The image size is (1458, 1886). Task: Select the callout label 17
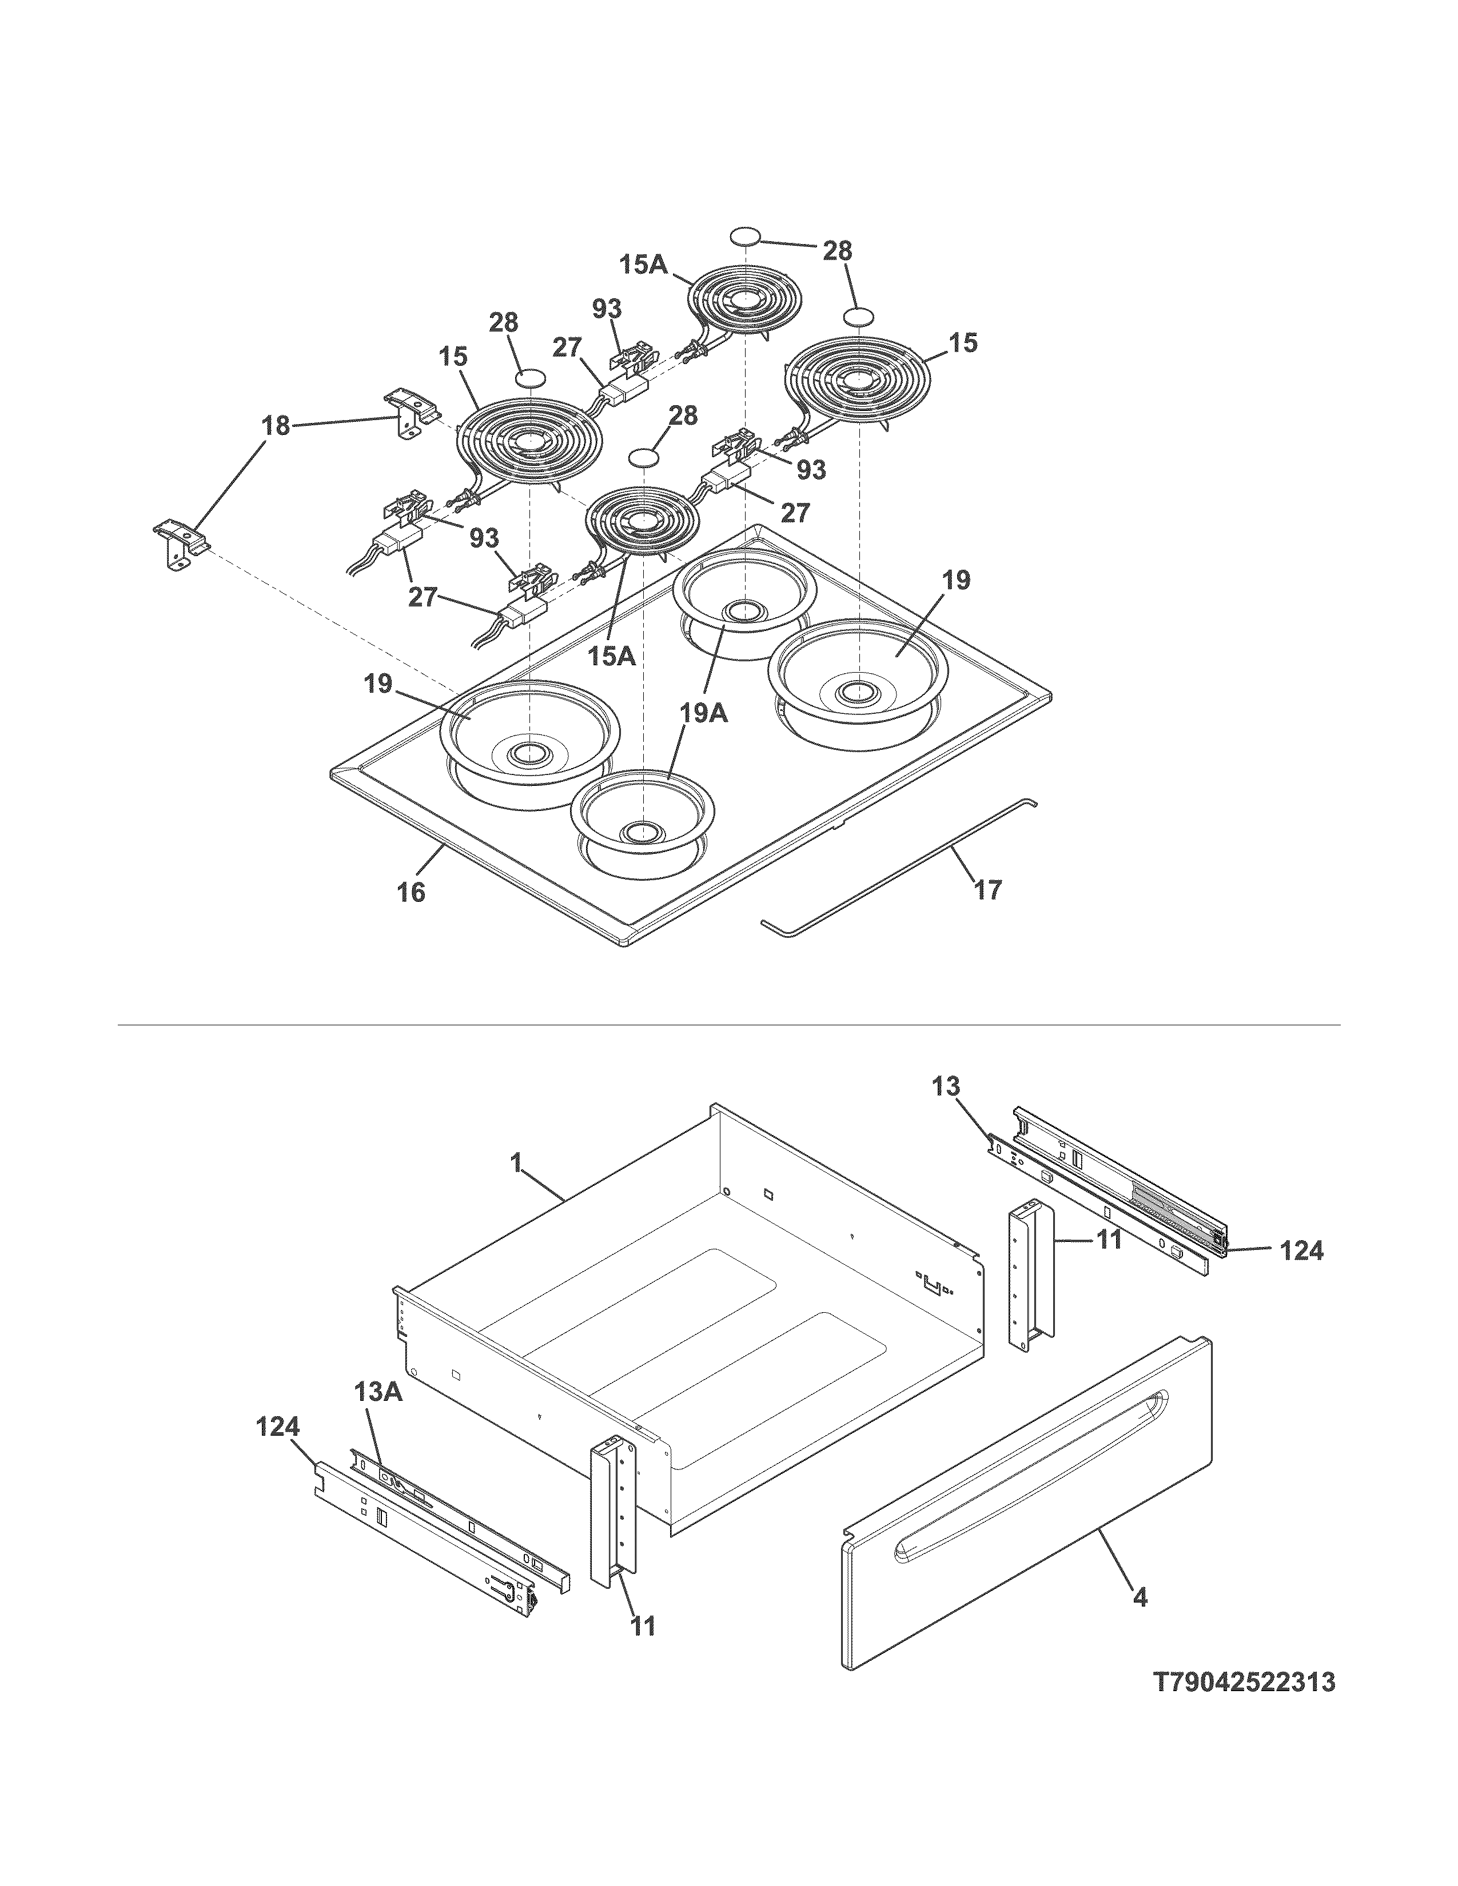coord(987,889)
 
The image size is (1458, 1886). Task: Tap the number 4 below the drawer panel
coord(1140,1597)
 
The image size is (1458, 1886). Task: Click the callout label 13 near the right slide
coord(946,1086)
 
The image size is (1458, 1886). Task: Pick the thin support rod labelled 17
coord(898,864)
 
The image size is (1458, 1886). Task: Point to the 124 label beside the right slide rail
coord(1301,1249)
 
